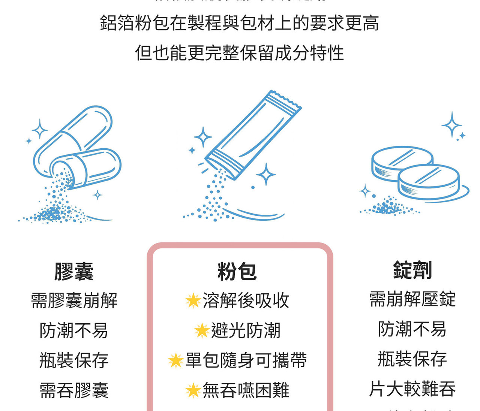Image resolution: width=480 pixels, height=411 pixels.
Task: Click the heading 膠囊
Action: click(74, 271)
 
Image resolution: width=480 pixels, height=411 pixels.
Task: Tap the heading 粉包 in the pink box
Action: click(237, 271)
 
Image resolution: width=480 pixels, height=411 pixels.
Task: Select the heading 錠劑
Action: click(412, 270)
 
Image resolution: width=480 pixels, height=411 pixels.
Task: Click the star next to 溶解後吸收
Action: click(193, 300)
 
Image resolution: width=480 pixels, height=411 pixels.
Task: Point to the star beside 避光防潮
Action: click(202, 330)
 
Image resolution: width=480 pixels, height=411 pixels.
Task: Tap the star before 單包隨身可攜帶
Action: click(175, 360)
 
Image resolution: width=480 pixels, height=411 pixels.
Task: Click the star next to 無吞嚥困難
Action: click(193, 390)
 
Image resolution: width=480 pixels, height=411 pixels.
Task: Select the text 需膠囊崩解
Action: click(74, 300)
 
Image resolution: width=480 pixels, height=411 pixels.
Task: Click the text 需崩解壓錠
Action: click(412, 299)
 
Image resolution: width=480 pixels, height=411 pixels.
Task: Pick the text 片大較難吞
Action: click(412, 389)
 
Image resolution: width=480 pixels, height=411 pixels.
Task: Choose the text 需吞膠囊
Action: click(74, 390)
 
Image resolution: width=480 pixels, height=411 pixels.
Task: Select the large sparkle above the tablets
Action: click(451, 124)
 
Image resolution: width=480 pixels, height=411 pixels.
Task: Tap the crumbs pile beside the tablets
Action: click(388, 208)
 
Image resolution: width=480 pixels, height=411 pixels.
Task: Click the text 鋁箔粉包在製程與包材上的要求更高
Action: click(239, 23)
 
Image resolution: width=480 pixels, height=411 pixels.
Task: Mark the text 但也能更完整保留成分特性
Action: click(239, 53)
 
